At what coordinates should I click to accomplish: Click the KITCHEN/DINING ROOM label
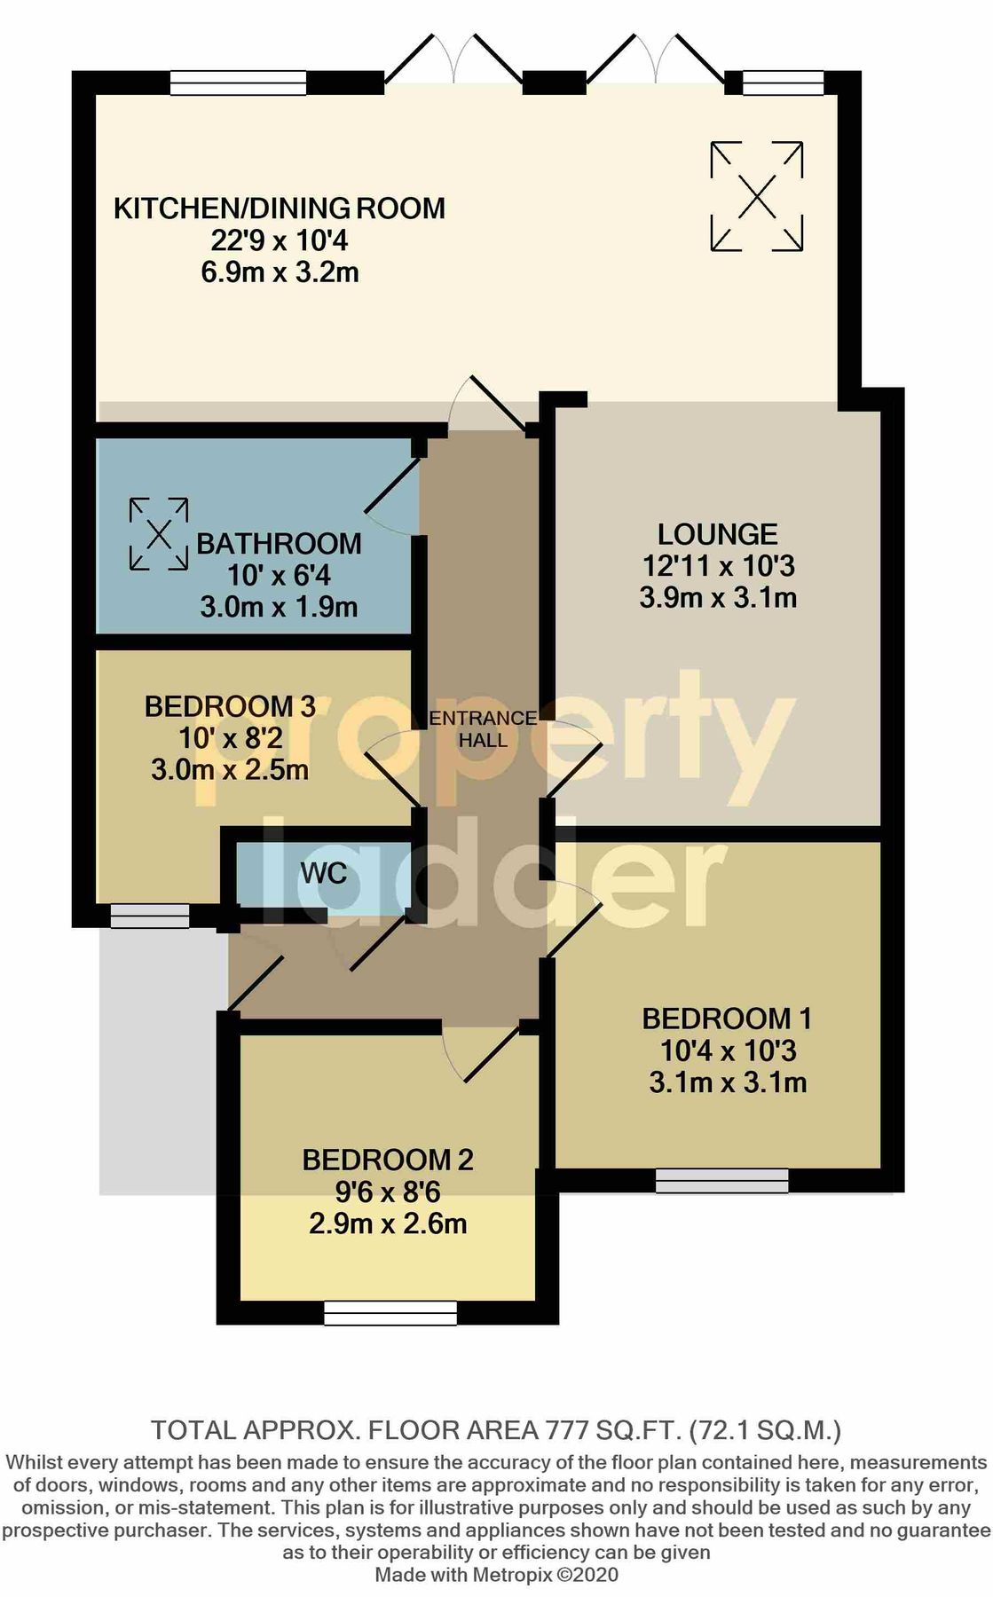280,208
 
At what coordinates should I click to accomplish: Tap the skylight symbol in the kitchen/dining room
757,196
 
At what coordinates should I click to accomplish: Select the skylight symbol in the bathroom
159,534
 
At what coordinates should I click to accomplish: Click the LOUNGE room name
717,534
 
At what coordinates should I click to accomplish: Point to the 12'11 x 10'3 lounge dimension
718,566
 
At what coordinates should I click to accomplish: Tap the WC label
324,874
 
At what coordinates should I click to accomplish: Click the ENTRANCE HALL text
483,728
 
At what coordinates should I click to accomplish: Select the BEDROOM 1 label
727,1019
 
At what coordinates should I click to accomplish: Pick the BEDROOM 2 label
388,1160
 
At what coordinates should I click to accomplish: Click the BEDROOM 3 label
230,706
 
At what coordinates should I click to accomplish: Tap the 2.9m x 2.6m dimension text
388,1224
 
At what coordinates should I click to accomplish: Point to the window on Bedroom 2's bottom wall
390,1313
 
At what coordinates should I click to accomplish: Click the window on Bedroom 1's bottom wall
722,1181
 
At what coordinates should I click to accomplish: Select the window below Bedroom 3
150,917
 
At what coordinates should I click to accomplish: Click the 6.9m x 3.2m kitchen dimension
280,272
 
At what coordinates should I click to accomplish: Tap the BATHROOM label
279,544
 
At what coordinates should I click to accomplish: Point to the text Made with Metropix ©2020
497,1575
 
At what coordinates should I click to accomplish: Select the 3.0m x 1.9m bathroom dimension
279,608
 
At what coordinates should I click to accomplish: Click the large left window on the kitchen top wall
238,83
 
